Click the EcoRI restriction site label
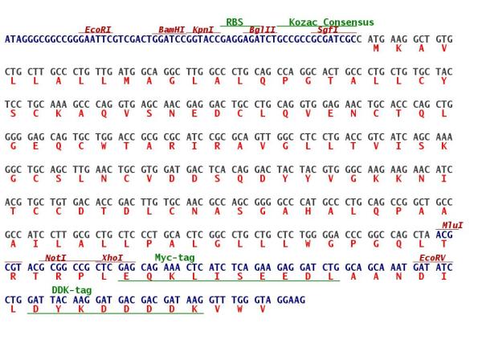[97, 30]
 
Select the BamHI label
[172, 30]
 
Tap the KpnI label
[203, 30]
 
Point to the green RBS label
[235, 22]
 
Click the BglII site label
[262, 30]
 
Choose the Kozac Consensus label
[331, 22]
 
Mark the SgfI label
[328, 30]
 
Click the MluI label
[452, 225]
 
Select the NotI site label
[55, 258]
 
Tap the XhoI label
[112, 258]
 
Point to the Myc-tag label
[174, 258]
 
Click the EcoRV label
[432, 258]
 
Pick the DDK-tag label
[71, 290]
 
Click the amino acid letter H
[308, 211]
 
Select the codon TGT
[59, 202]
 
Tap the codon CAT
[308, 202]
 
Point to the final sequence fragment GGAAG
[291, 300]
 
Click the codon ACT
[330, 72]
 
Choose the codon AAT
[398, 267]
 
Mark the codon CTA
[422, 235]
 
